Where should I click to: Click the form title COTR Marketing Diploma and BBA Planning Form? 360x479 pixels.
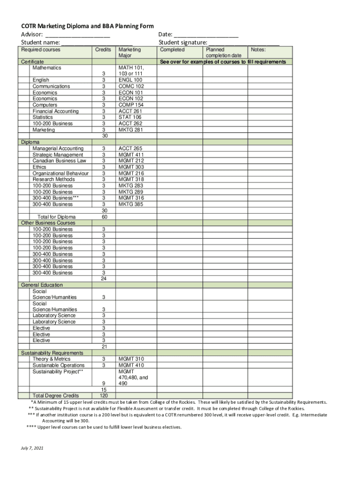[87, 26]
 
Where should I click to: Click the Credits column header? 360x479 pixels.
[103, 50]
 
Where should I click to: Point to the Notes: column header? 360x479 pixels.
[258, 50]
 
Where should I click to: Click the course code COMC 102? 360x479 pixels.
[131, 87]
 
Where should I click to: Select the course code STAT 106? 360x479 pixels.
[130, 117]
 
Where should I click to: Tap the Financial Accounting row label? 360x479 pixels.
[55, 111]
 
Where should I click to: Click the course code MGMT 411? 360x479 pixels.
[131, 155]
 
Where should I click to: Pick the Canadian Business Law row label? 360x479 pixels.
[59, 161]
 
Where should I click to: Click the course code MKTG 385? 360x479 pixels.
[131, 204]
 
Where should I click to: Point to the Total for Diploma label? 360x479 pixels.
[57, 217]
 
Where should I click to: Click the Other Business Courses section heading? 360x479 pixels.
[48, 223]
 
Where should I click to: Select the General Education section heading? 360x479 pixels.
[42, 285]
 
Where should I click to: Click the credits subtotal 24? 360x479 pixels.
[103, 279]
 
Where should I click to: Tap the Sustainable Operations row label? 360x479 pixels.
[58, 365]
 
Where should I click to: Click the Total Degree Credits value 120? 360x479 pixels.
[103, 396]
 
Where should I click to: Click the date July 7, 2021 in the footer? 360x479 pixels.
[32, 448]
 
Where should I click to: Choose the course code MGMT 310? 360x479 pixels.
[131, 359]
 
